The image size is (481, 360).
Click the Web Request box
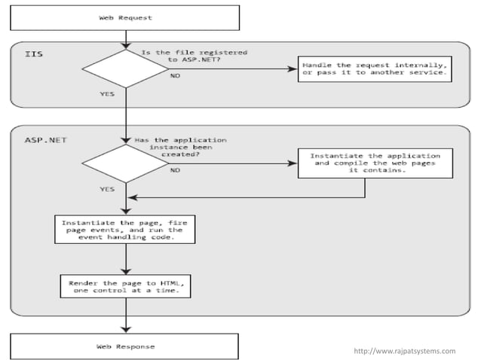coord(125,17)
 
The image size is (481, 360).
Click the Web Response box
coord(125,346)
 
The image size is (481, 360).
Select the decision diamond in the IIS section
coord(125,69)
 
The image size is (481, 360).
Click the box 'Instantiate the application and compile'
coord(375,163)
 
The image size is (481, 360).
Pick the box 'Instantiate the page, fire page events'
coord(125,228)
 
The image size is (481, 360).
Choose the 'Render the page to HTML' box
coord(125,286)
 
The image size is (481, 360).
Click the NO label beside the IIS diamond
coord(174,76)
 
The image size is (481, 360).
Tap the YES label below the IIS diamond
coord(107,95)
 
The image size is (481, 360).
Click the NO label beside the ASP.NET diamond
coord(174,170)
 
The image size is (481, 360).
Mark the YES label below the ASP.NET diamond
coord(107,189)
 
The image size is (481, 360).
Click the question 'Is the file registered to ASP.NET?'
coord(195,56)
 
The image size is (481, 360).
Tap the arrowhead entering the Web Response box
coord(125,329)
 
